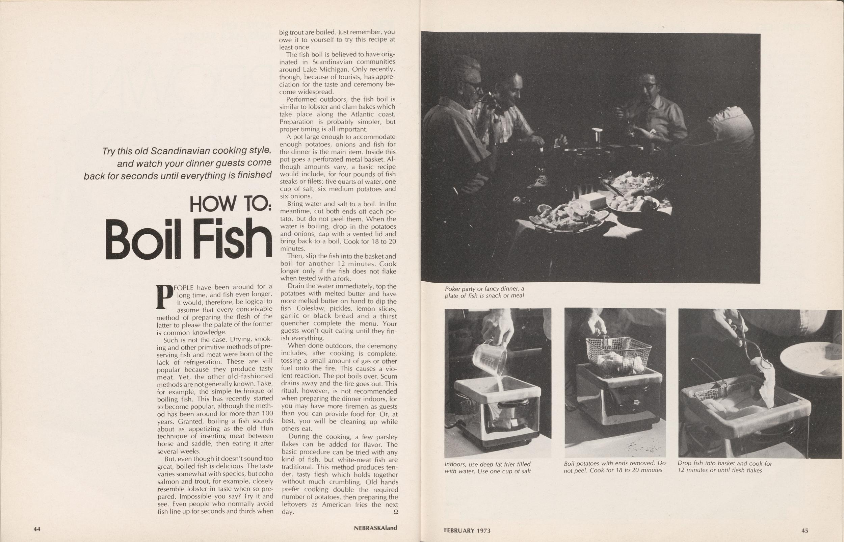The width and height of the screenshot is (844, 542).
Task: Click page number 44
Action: [37, 528]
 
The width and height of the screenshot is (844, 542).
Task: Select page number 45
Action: [805, 531]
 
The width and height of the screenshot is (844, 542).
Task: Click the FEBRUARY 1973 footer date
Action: [467, 531]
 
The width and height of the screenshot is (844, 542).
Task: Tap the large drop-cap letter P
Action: [165, 297]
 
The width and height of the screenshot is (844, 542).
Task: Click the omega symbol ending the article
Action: [395, 512]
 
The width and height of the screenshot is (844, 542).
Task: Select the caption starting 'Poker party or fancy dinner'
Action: [484, 292]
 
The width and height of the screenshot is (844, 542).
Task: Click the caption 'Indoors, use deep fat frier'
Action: [487, 467]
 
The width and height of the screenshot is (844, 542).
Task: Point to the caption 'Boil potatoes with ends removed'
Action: [615, 467]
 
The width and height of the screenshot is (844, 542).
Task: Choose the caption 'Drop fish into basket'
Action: [725, 467]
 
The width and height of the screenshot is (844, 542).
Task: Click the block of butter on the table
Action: [592, 200]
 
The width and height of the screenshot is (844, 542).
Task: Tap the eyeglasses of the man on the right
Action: [649, 85]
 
